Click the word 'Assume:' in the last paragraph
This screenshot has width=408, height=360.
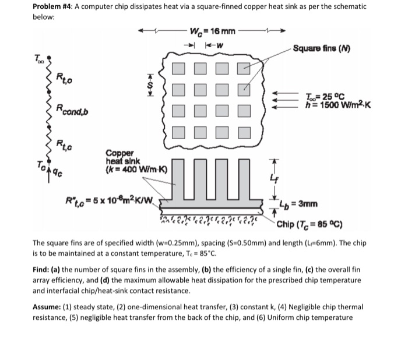[48, 306]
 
